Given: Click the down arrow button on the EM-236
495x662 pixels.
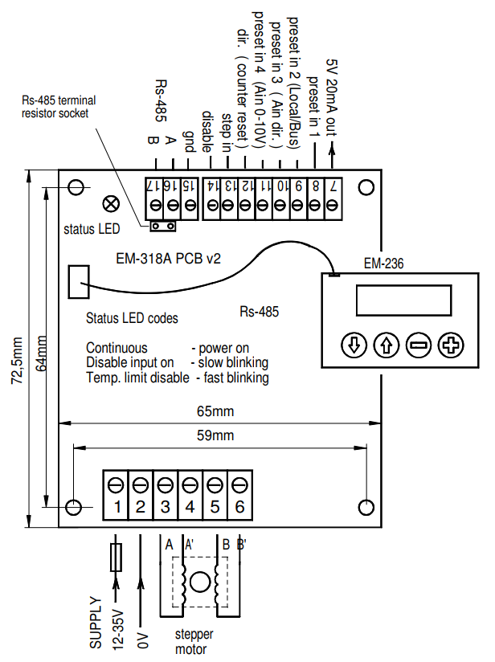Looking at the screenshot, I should coord(354,345).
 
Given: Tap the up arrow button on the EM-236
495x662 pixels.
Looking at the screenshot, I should coord(387,345).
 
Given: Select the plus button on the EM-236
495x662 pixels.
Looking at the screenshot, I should coord(452,345).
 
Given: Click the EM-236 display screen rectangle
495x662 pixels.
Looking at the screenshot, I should coord(403,303).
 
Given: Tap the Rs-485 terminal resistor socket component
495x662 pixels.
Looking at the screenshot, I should coord(163,226).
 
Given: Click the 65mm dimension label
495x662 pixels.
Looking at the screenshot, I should coord(218,412).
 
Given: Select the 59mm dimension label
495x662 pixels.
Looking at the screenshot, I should coord(218,436).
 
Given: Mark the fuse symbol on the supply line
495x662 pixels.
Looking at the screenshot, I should coord(117,555).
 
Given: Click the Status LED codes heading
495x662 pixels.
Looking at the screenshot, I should coord(132,318).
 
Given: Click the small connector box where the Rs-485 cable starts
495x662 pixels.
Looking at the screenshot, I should coord(78,281).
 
